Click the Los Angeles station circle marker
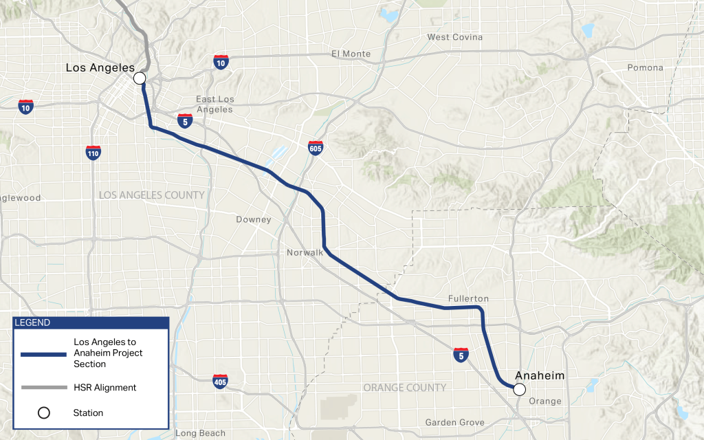(140, 78)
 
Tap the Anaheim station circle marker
(520, 389)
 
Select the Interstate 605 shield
(316, 148)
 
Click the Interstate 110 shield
(93, 152)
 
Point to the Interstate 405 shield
(220, 381)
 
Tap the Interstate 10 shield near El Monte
(221, 63)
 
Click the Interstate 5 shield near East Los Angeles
(184, 120)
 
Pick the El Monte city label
(351, 54)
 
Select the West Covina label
(454, 37)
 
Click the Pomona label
(645, 67)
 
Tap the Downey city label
(254, 220)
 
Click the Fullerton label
(468, 298)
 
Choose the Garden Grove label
(454, 422)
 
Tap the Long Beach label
(200, 433)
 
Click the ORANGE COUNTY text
(405, 388)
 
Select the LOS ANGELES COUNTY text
(151, 195)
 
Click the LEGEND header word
(32, 323)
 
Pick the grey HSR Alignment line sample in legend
(44, 388)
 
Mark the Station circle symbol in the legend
(44, 413)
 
